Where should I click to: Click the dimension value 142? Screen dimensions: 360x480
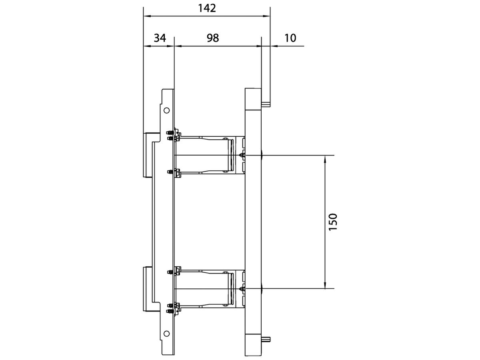[207, 8]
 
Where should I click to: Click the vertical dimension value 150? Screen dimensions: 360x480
[334, 222]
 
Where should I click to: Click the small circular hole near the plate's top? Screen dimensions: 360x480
[167, 110]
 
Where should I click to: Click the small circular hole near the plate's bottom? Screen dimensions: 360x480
[167, 333]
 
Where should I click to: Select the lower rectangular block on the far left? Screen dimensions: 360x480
[147, 288]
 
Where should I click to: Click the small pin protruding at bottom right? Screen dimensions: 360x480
[266, 340]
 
